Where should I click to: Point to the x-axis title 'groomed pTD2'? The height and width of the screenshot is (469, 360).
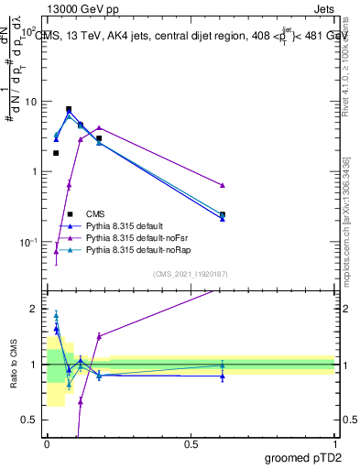point(300,457)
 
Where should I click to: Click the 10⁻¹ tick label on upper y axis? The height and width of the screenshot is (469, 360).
point(29,242)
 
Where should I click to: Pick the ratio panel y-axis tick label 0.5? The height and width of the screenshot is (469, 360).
point(32,420)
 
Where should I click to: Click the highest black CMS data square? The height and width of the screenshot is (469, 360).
point(69,109)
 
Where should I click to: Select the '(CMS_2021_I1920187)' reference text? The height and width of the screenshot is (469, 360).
point(190,274)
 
